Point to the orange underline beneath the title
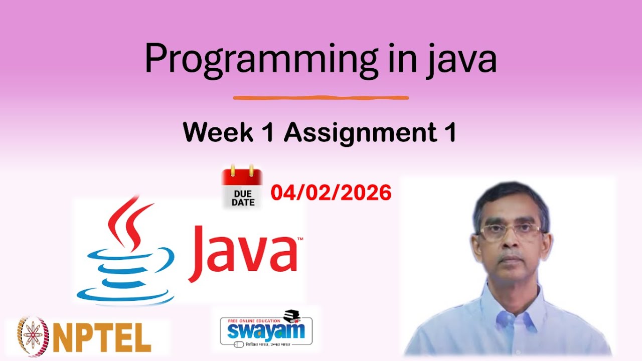321,97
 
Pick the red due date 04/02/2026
331,193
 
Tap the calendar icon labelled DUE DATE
242,189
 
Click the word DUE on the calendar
243,193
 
